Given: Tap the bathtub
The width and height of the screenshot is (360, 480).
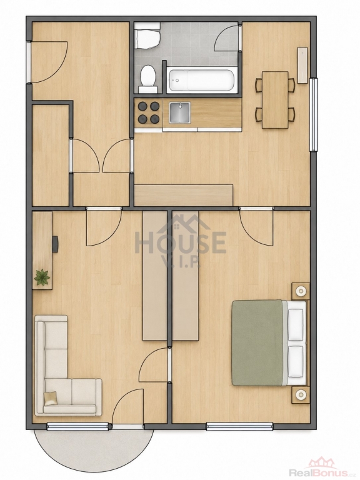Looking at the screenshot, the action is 202,81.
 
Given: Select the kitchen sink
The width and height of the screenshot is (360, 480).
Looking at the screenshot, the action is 180,112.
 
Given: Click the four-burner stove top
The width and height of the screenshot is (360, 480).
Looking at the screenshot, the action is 149,112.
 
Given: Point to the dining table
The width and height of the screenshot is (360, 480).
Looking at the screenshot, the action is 275,100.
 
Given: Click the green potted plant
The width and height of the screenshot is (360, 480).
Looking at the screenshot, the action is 42,277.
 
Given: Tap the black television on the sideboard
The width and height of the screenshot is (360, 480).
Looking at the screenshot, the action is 55,244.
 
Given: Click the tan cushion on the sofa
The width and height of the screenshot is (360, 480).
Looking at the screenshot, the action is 50,398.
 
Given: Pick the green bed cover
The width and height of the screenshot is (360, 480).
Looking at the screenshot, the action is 257,342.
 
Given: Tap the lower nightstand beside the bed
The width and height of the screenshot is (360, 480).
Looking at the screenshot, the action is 300,395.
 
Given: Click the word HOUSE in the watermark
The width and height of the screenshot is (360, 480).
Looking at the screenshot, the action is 181,242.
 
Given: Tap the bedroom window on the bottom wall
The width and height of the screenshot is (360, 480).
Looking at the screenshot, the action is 239,426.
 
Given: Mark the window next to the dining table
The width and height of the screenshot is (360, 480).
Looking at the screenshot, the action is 314,114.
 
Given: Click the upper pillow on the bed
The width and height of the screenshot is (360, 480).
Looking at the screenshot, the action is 296,324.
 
